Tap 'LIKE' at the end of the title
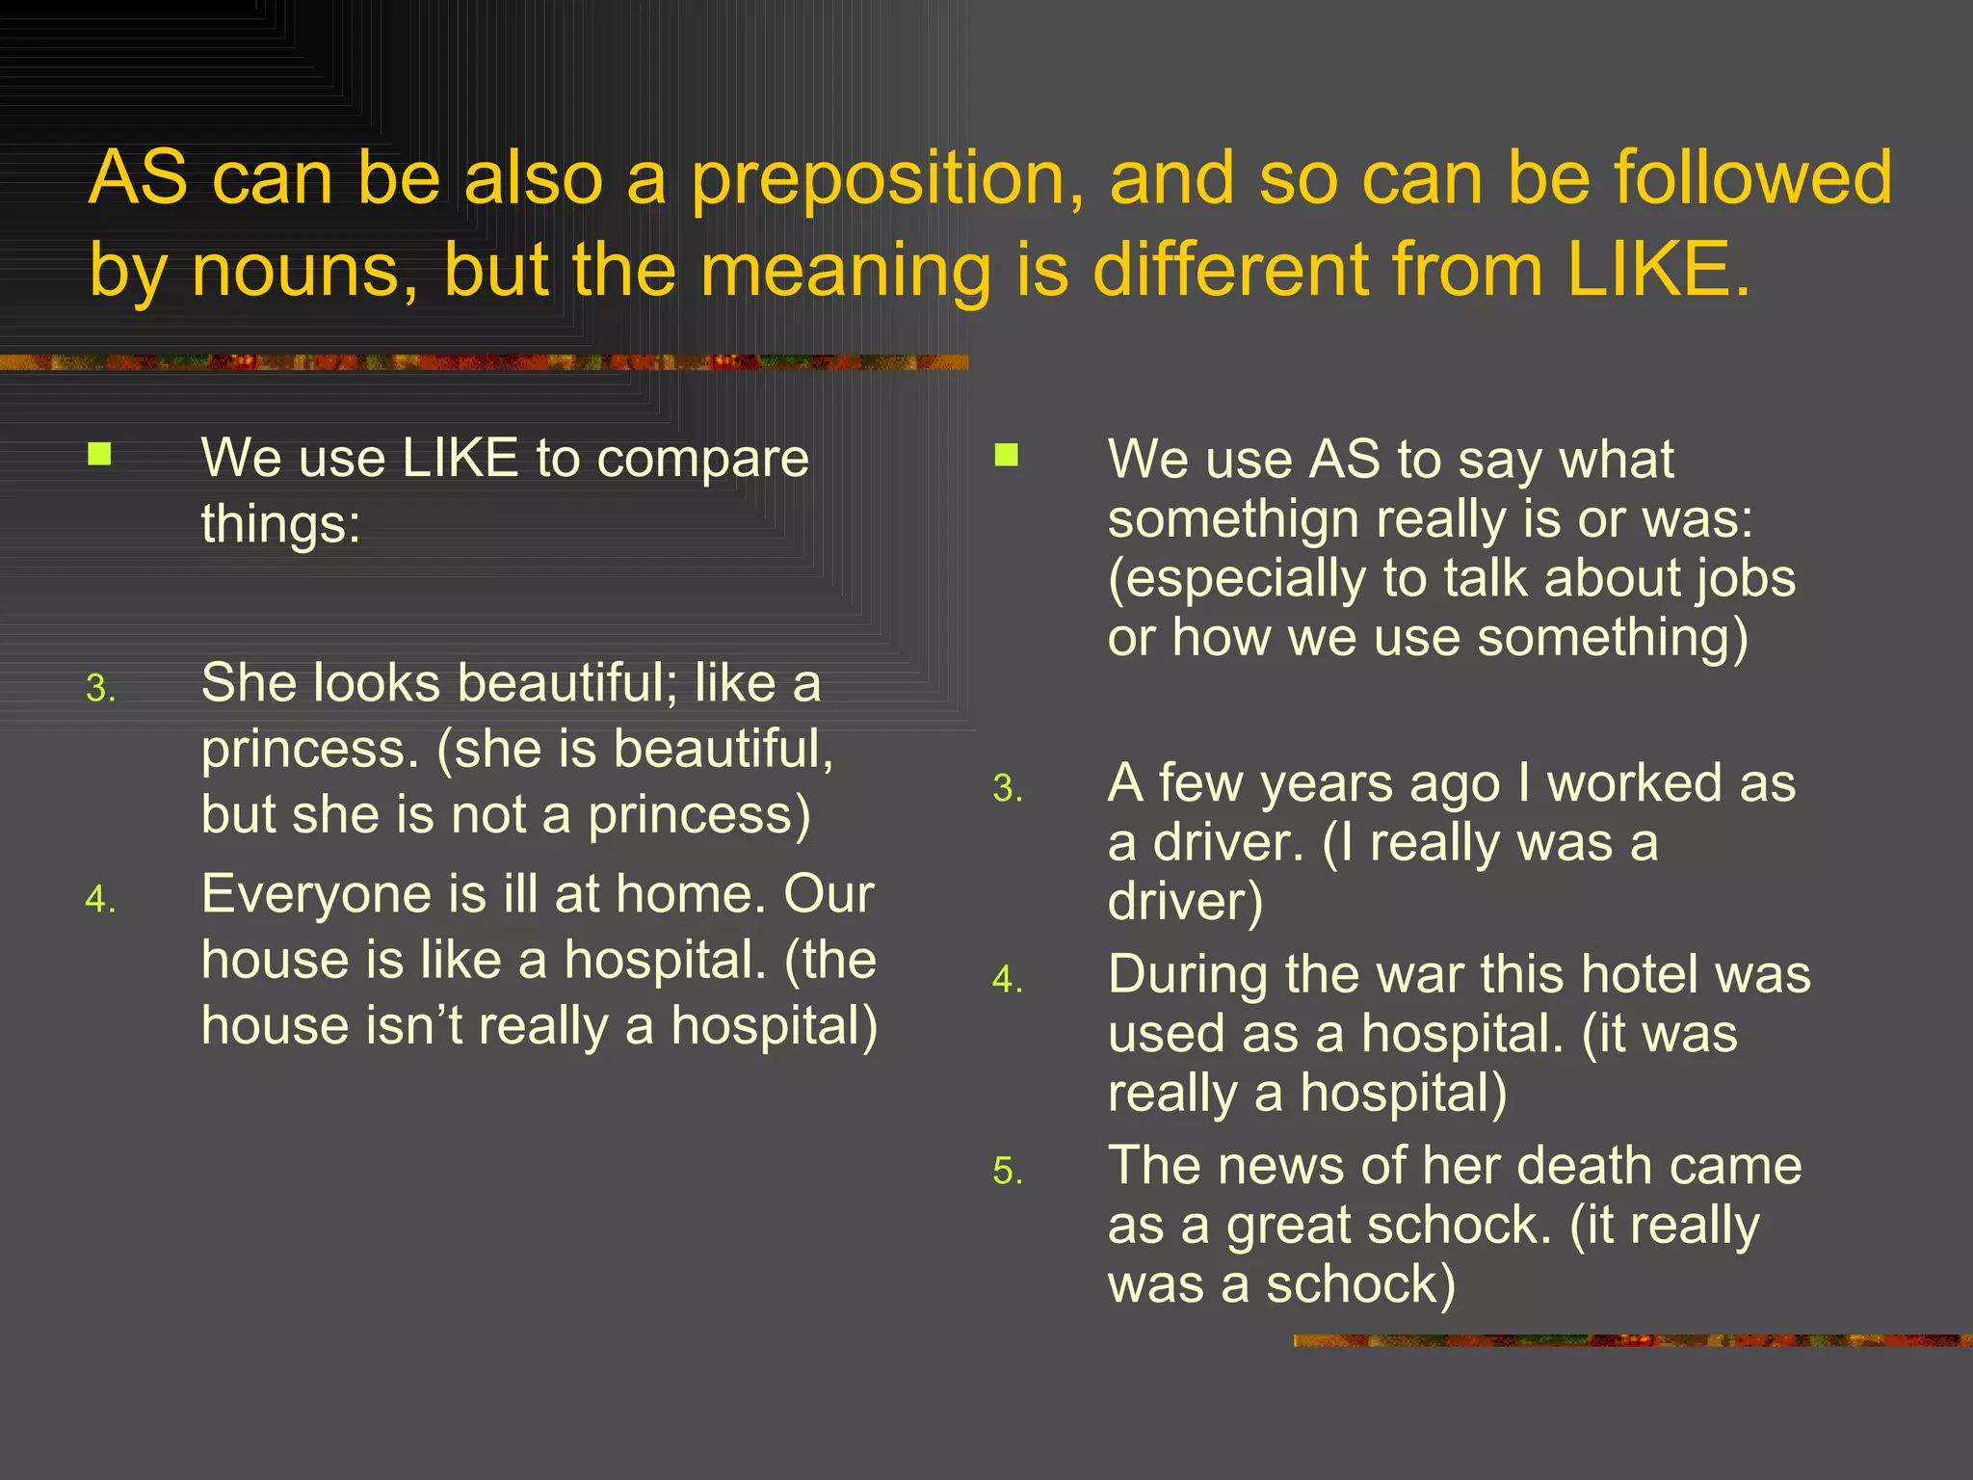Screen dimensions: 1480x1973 coord(1655,269)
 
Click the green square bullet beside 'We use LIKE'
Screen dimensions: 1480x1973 coord(99,454)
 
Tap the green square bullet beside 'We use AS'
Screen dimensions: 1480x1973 coord(1006,455)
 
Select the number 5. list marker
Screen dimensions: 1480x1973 coord(1008,1172)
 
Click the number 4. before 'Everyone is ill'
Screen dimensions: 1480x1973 coord(100,900)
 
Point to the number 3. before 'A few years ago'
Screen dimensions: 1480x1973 coord(1008,789)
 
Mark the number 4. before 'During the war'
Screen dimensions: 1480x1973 coord(1008,981)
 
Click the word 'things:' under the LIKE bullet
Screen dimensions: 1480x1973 coord(280,524)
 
